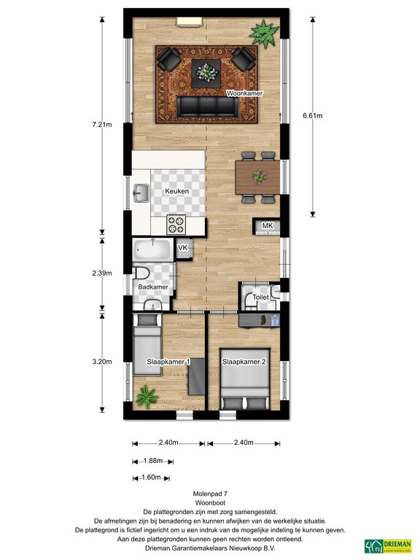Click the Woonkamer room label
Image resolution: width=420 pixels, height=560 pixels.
[245, 93]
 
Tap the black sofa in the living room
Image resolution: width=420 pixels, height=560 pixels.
[208, 106]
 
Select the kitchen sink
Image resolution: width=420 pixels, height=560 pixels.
[141, 193]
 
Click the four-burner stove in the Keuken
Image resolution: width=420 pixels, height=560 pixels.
[176, 225]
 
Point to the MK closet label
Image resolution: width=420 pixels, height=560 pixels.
[268, 226]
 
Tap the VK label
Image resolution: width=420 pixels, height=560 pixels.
[183, 247]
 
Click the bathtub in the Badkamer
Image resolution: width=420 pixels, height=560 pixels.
[152, 249]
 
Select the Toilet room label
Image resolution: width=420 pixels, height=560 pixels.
[261, 297]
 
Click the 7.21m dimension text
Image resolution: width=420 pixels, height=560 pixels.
[102, 125]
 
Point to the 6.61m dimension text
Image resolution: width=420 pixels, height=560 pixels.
[313, 115]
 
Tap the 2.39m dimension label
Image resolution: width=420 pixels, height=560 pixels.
[102, 273]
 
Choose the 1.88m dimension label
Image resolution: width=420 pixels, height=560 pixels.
[153, 461]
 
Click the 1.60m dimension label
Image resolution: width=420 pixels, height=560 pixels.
[151, 477]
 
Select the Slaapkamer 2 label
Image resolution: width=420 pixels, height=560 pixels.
[244, 362]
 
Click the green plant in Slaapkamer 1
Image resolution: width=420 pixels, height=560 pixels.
[147, 397]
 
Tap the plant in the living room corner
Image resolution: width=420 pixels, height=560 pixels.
[264, 34]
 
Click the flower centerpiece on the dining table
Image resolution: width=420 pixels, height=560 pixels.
[260, 176]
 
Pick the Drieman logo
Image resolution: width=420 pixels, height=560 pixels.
[388, 546]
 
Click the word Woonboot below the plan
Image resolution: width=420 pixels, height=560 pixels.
[210, 503]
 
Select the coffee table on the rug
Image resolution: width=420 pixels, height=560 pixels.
[206, 73]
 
